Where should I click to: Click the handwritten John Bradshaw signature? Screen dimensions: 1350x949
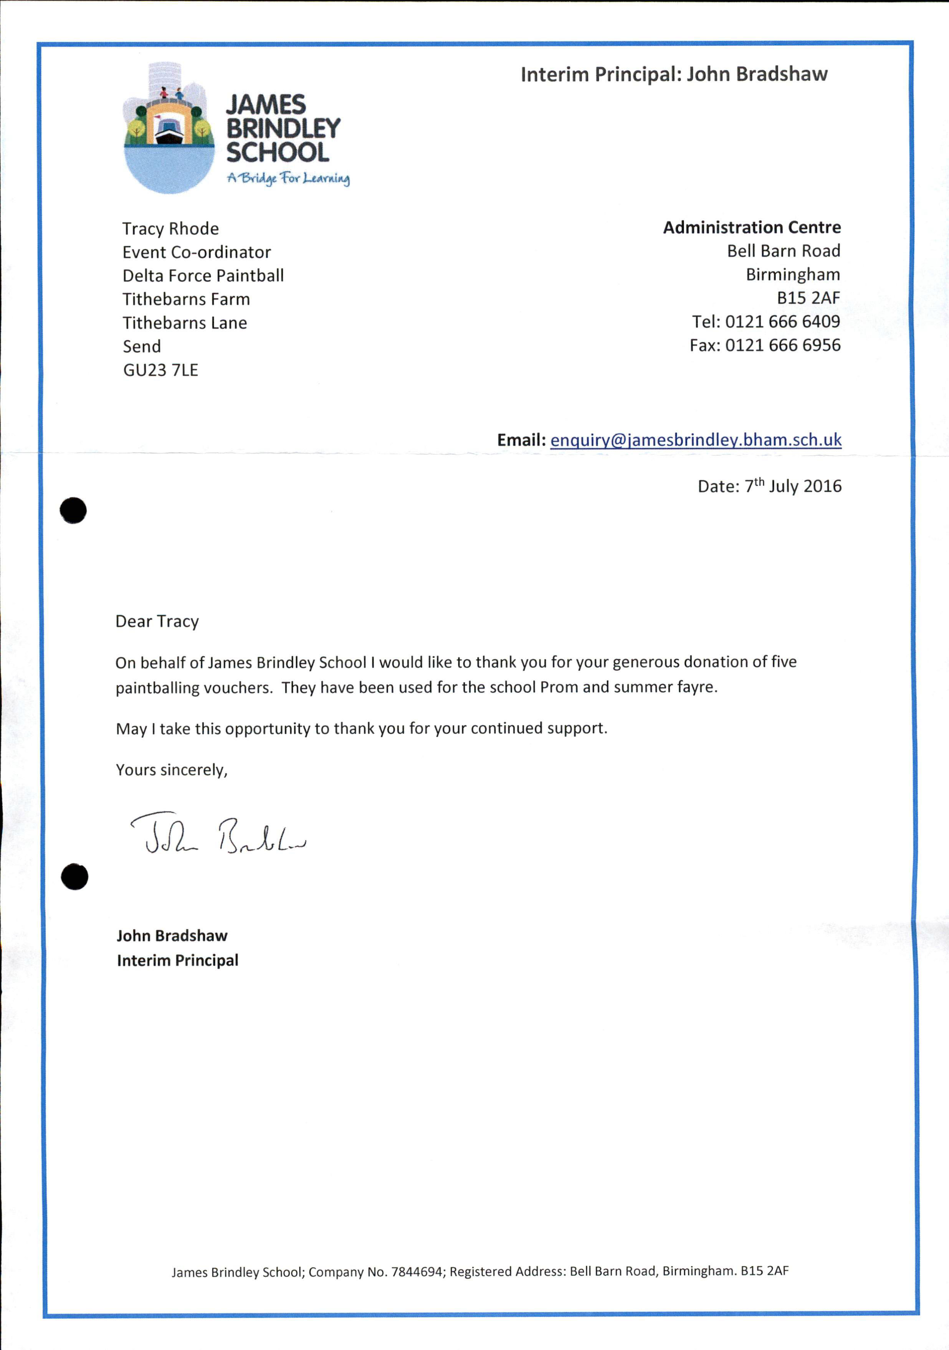point(218,835)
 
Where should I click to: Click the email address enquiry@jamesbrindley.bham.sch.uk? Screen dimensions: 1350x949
point(696,440)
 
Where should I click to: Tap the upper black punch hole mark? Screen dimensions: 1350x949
point(73,510)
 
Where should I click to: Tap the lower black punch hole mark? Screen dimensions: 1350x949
point(75,877)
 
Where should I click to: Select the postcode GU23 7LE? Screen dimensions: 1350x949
point(160,370)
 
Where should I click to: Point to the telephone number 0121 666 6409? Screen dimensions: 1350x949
point(782,322)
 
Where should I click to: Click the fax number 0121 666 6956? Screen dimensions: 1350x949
point(782,345)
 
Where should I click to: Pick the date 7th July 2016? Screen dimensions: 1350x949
point(793,486)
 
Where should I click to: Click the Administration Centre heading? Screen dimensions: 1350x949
point(751,228)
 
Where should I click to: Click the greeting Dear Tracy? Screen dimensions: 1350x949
point(157,622)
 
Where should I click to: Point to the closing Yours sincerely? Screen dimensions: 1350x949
point(171,770)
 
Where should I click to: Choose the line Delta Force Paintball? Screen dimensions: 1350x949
point(203,276)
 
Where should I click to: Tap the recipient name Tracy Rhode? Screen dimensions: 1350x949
point(170,229)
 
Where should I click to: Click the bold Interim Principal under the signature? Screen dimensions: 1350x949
point(178,960)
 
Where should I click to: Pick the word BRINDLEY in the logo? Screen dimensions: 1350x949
point(283,128)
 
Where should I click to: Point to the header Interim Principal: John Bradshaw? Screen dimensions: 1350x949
point(674,74)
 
